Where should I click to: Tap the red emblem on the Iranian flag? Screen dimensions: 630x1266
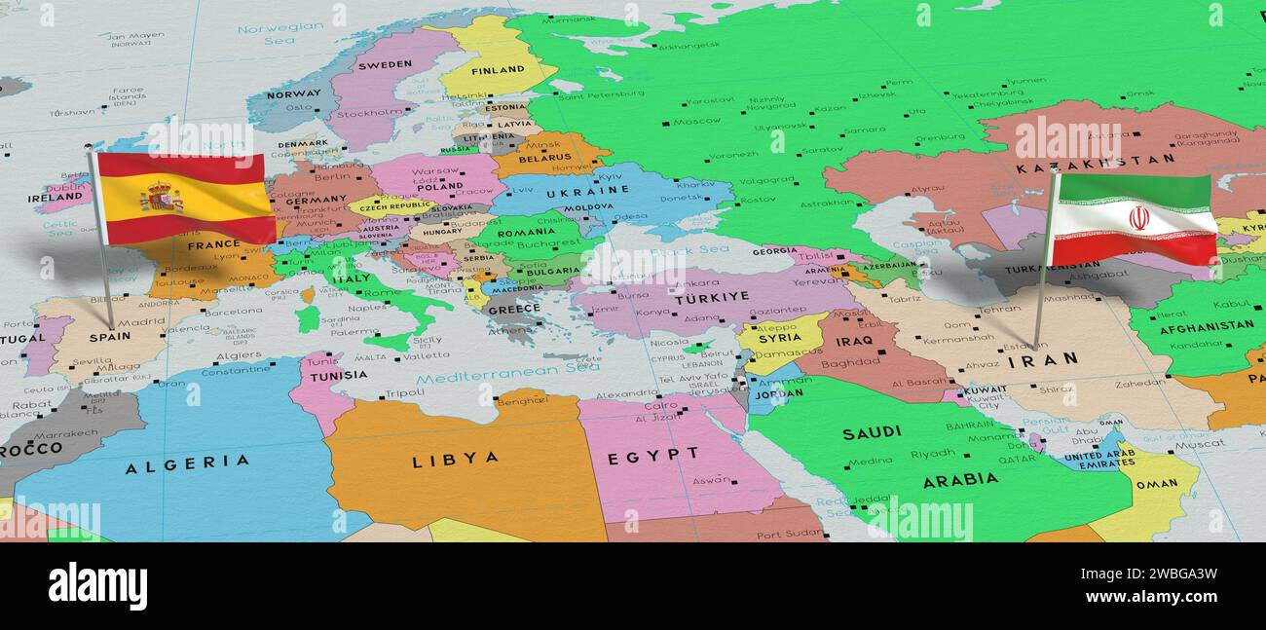(x=1137, y=217)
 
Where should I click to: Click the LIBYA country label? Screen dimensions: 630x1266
(x=455, y=459)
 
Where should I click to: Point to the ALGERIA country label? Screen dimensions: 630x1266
(x=187, y=464)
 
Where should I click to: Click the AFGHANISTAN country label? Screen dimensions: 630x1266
(x=1205, y=326)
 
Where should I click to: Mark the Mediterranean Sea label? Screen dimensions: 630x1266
(x=508, y=370)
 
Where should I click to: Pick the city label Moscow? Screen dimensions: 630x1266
(x=696, y=122)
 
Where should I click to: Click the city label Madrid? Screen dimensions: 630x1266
(x=142, y=321)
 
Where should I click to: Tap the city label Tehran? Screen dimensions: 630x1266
(x=998, y=310)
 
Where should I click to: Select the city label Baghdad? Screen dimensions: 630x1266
(x=850, y=363)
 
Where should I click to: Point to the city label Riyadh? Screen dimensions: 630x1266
(x=933, y=453)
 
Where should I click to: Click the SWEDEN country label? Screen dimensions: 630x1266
(x=385, y=64)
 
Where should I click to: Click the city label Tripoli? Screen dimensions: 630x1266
(x=404, y=393)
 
